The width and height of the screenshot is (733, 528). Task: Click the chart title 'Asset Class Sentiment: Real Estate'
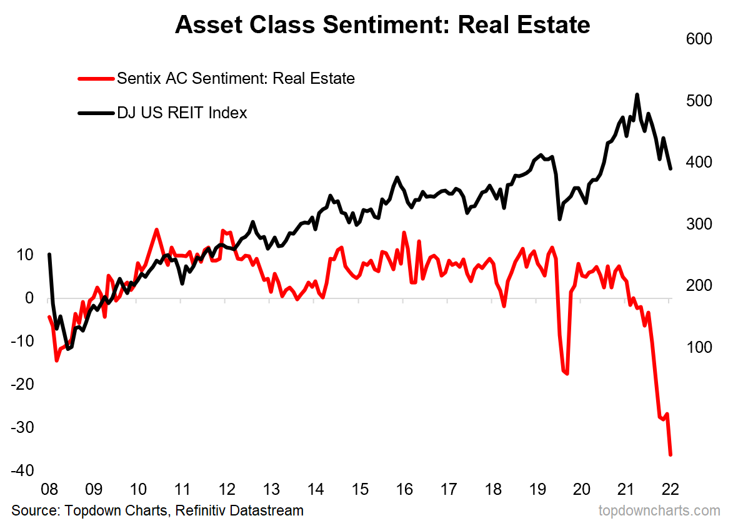[x=382, y=25]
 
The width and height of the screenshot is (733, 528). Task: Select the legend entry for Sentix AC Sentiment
[x=236, y=79]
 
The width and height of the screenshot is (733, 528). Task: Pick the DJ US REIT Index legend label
[x=182, y=113]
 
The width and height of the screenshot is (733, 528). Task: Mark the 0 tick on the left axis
[x=28, y=298]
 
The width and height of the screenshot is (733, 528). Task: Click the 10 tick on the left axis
[x=24, y=255]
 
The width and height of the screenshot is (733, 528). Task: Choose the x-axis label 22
[x=669, y=489]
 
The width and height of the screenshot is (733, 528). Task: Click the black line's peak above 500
[x=637, y=95]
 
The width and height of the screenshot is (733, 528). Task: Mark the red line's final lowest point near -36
[x=671, y=455]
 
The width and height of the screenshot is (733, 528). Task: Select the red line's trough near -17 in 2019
[x=566, y=374]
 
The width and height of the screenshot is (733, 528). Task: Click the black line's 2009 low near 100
[x=68, y=348]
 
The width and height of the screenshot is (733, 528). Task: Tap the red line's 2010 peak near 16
[x=156, y=230]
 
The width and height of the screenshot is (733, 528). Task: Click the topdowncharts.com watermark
[x=659, y=510]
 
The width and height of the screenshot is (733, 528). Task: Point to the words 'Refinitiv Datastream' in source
[x=239, y=510]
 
